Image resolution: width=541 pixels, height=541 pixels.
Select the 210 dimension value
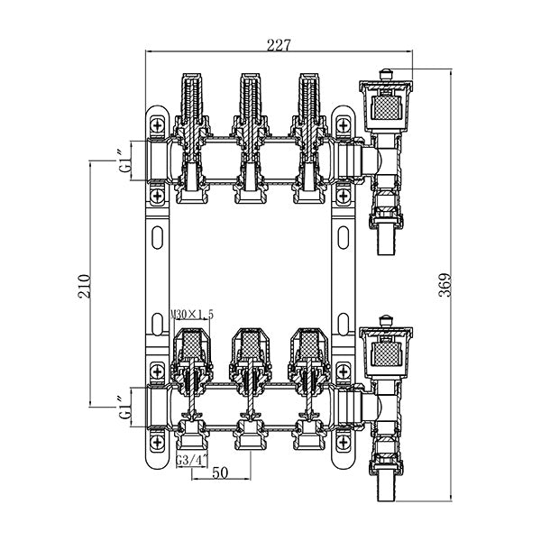point(84,286)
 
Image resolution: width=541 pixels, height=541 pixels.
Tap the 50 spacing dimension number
point(219,472)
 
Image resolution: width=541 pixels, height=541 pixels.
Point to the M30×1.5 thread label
point(191,314)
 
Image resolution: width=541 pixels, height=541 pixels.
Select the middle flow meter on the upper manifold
point(249,104)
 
